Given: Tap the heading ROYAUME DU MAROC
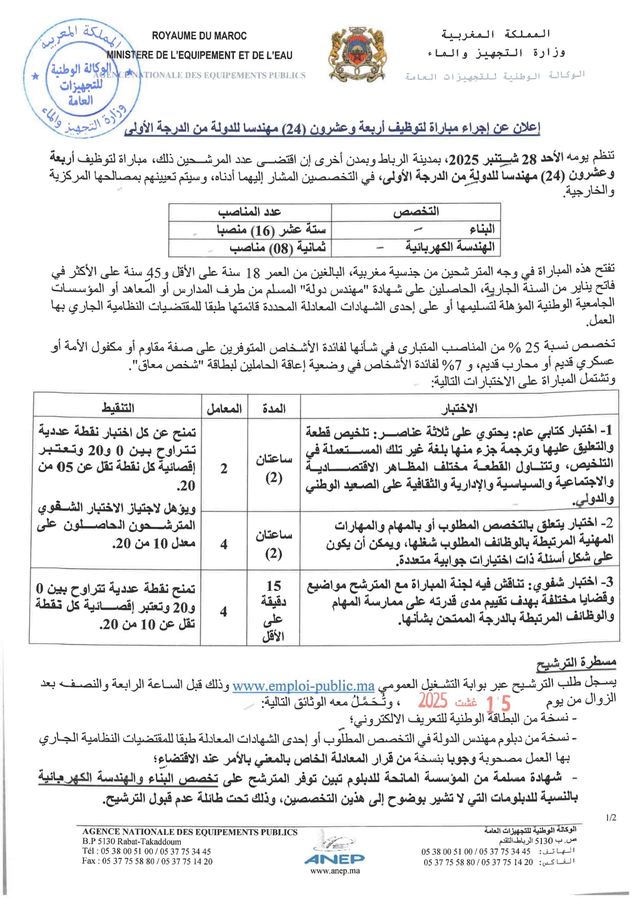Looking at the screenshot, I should (x=199, y=36).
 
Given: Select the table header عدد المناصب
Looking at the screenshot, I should (x=250, y=212).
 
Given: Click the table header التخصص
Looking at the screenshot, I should (x=416, y=212).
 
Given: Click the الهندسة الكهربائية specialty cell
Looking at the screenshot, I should (x=450, y=247).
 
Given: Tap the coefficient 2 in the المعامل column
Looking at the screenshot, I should (x=224, y=468).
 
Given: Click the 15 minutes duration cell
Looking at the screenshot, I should (x=273, y=610).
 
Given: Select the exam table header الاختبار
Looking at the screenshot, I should (x=459, y=409).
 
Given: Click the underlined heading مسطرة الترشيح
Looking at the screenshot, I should (x=576, y=662).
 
